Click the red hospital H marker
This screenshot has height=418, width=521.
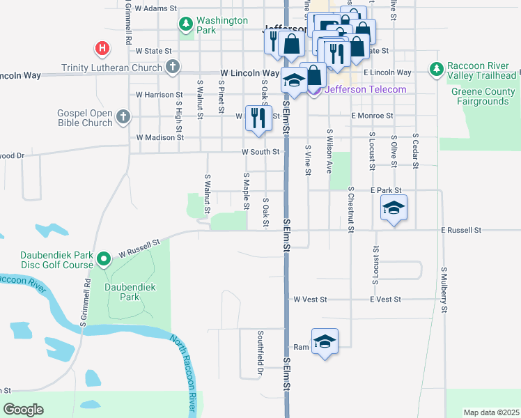(x=102, y=48)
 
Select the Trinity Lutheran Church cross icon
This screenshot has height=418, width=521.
(x=173, y=68)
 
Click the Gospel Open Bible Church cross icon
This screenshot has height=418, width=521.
(x=123, y=117)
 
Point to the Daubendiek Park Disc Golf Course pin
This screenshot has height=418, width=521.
(x=104, y=259)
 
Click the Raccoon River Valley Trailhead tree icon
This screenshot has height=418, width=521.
(x=437, y=68)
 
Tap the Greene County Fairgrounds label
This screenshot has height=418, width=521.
(x=483, y=96)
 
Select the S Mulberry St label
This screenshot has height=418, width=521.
(x=443, y=289)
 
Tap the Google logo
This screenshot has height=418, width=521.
(x=23, y=410)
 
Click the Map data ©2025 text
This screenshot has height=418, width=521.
(x=491, y=412)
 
